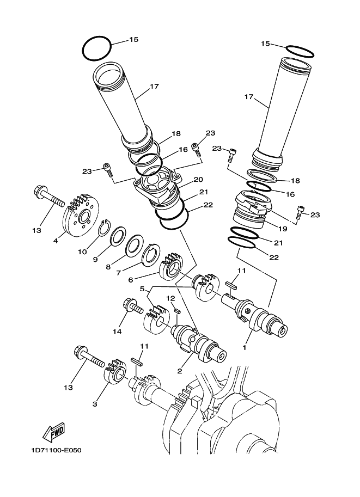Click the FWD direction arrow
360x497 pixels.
(x=53, y=433)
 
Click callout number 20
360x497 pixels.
(x=198, y=179)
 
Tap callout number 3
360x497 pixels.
(x=95, y=403)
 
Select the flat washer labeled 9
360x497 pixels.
(x=117, y=237)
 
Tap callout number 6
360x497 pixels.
(x=130, y=280)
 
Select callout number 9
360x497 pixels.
(x=95, y=260)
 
